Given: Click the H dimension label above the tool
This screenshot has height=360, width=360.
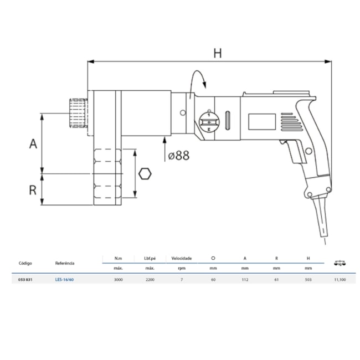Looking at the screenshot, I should [x=218, y=54].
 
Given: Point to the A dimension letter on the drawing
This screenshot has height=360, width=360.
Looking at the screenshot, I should [x=33, y=143].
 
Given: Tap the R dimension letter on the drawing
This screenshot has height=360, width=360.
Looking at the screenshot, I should [x=33, y=189].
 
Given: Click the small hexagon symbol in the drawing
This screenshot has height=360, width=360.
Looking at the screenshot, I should [x=145, y=173].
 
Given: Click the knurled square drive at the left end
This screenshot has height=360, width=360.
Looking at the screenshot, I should [x=77, y=112].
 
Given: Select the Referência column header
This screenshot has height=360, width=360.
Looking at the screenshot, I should [x=65, y=264].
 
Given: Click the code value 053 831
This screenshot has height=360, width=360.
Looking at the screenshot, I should [x=26, y=280].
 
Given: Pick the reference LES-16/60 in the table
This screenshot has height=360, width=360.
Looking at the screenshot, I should [x=64, y=280].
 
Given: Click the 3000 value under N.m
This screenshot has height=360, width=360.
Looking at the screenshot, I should [x=118, y=280].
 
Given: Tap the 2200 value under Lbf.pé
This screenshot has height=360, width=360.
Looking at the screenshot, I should [x=150, y=280].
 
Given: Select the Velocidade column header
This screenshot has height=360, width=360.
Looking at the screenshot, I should [x=181, y=258].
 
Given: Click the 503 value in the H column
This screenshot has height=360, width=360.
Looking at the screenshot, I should [x=308, y=280].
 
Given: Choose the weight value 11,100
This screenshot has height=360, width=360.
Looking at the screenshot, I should [x=340, y=280].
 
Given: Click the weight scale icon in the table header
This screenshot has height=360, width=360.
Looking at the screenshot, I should [x=340, y=264].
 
